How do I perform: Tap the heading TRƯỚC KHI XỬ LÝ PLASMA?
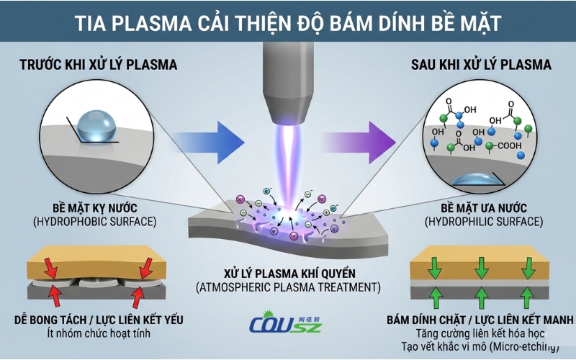tap(98, 66)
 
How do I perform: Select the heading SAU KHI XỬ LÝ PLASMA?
tap(480, 66)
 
